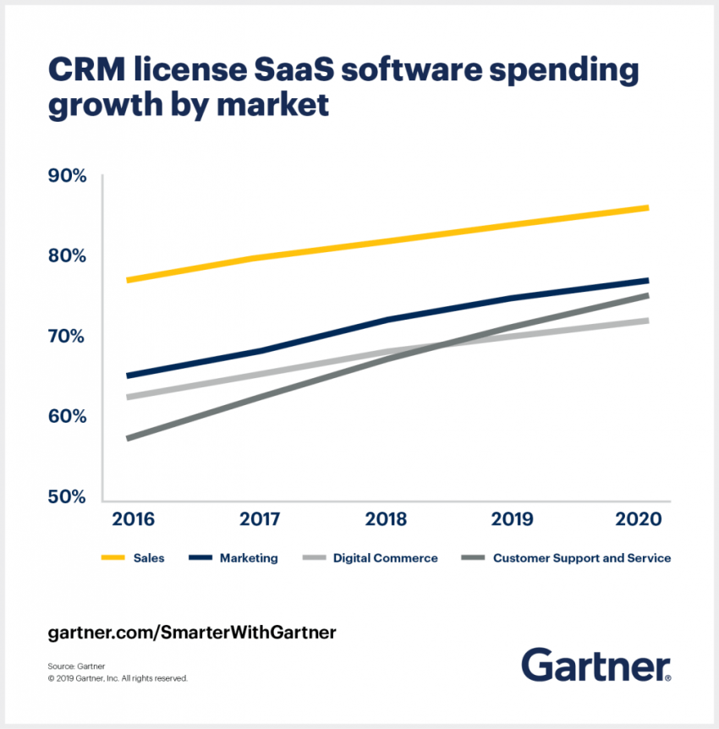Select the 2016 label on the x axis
pyautogui.click(x=133, y=518)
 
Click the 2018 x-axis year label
pyautogui.click(x=387, y=518)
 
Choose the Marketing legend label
pyautogui.click(x=249, y=558)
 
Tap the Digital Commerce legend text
pyautogui.click(x=386, y=558)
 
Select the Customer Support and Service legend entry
pyautogui.click(x=582, y=558)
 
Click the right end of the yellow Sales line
pyautogui.click(x=647, y=208)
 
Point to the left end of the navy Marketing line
pyautogui.click(x=128, y=375)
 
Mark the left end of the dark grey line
pyautogui.click(x=128, y=438)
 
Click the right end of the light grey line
pyautogui.click(x=647, y=321)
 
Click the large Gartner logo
pyautogui.click(x=596, y=665)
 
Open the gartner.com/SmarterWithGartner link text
pyautogui.click(x=192, y=632)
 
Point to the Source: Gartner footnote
pyautogui.click(x=77, y=666)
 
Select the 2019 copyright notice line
pyautogui.click(x=118, y=678)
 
